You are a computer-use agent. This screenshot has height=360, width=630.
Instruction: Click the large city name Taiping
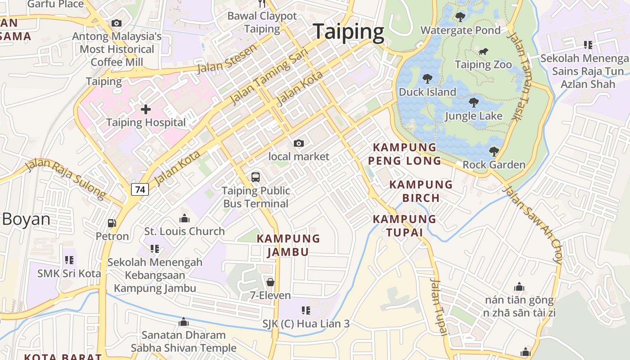tap(349, 32)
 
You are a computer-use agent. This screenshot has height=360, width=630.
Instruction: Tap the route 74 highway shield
tap(140, 189)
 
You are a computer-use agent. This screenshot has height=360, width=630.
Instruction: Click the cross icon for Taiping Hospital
tap(146, 109)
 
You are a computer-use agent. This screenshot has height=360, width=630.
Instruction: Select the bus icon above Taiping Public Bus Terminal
tap(256, 177)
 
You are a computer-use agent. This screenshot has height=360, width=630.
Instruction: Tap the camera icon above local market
tap(298, 143)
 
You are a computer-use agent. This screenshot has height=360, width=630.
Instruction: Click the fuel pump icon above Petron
tap(112, 223)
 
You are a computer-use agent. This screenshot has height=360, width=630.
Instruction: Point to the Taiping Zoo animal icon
tap(483, 51)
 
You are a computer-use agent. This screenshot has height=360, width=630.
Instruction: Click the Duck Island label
tap(427, 92)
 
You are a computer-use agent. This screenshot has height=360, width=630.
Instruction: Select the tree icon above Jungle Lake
tap(473, 103)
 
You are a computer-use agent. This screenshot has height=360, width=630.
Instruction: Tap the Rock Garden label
tap(494, 165)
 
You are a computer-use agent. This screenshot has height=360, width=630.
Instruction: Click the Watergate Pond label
tap(460, 30)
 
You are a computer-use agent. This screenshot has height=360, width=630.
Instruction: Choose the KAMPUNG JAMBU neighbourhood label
tap(288, 245)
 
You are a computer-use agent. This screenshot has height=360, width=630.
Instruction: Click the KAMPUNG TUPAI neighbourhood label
tap(404, 225)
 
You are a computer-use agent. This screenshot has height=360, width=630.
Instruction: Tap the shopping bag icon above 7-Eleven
tap(270, 282)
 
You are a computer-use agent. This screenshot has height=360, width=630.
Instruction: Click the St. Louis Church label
tap(184, 231)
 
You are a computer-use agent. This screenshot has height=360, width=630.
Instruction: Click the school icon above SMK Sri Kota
tap(69, 260)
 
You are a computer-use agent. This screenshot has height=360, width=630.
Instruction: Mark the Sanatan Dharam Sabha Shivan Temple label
tap(183, 341)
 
